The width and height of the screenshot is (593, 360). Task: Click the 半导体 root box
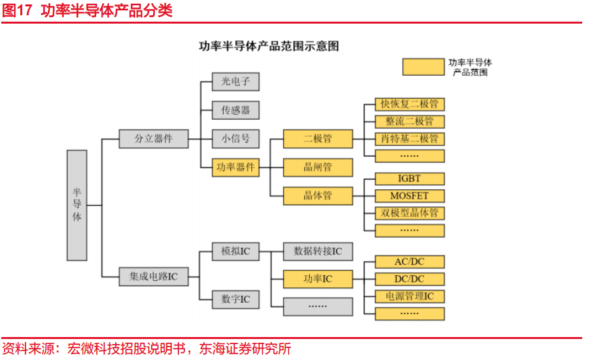coord(77,205)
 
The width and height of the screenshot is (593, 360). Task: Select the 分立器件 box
coord(154,138)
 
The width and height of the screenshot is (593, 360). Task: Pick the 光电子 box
coord(236,82)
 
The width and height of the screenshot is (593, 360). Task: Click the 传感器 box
coord(236,110)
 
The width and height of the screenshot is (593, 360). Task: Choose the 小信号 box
coord(236,138)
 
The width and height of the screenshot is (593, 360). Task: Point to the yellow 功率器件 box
coord(236,167)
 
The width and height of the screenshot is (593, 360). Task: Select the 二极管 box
coord(318,138)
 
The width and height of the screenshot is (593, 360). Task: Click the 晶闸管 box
coord(318,167)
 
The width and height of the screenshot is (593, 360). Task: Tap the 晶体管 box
coord(318,196)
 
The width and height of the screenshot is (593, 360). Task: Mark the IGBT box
coord(409,178)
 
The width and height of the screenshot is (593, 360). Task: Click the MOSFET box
coord(409,196)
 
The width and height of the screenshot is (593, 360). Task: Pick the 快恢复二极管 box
coord(409,104)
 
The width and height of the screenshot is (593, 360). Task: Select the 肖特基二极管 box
coord(409,138)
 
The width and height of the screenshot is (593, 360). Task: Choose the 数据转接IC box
coord(318,251)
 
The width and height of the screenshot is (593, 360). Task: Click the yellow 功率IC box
coord(318,279)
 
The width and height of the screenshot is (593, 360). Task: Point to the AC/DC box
coord(409,262)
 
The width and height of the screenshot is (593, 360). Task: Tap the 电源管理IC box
coord(409,296)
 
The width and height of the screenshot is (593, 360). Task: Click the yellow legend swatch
coord(423,67)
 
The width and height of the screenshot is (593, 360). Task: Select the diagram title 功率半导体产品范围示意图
coord(268,46)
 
